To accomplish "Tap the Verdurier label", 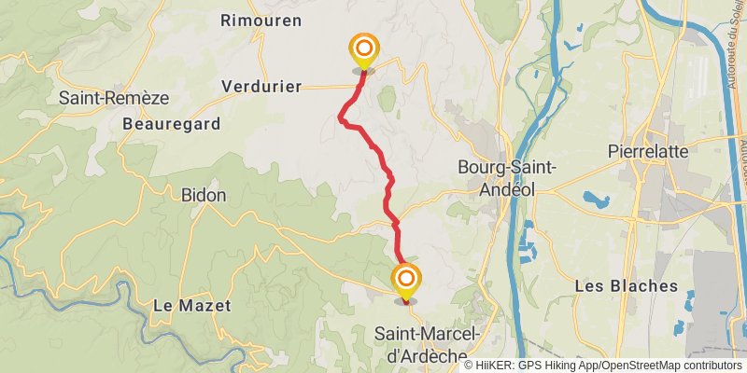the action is [x=261, y=86].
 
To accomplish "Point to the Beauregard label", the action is [x=172, y=123].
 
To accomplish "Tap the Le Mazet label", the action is [x=191, y=305].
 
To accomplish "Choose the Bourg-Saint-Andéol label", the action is [x=507, y=177].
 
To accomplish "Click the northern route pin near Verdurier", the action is [x=363, y=50].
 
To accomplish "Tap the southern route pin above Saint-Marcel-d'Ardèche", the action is [x=405, y=281].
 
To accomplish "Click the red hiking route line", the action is [x=386, y=173].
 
